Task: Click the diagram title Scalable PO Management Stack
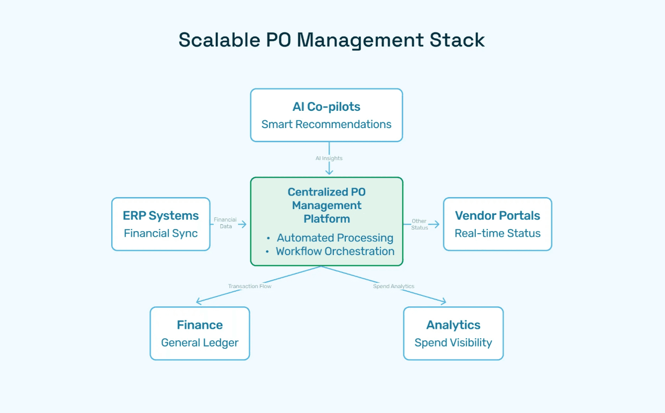[x=332, y=40]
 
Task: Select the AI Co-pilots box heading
[x=326, y=107]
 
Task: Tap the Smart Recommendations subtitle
[x=326, y=124]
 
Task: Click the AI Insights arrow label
[x=329, y=158]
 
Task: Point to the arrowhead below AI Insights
[x=329, y=172]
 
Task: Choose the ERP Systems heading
[x=161, y=215]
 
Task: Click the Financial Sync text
[x=161, y=233]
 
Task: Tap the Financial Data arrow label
[x=225, y=223]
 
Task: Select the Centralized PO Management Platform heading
[x=326, y=205]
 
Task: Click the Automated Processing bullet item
[x=335, y=238]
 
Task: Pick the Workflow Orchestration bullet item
[x=335, y=251]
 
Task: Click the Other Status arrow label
[x=419, y=224]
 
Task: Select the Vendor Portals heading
[x=497, y=215]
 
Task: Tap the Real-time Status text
[x=497, y=233]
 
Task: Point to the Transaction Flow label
[x=250, y=286]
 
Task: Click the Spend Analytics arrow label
[x=393, y=286]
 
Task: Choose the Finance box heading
[x=200, y=325]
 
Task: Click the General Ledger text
[x=200, y=343]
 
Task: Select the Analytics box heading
[x=453, y=325]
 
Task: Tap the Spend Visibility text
[x=453, y=343]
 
